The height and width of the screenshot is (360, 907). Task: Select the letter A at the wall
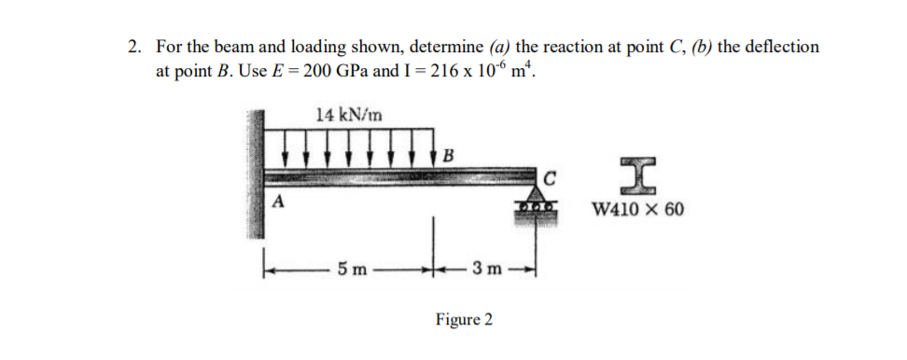[277, 203]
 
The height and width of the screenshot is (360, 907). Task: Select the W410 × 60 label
[638, 207]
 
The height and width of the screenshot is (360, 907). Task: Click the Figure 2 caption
[464, 320]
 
